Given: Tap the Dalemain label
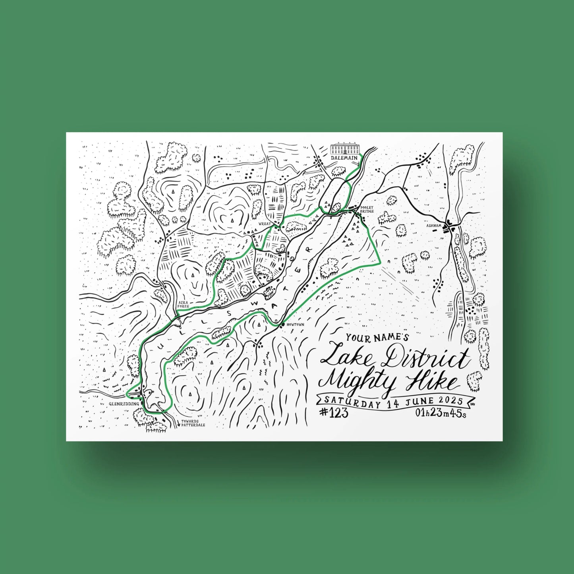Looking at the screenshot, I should tap(344, 158).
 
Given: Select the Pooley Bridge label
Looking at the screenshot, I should tap(367, 209).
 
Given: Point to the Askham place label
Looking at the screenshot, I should tap(434, 226).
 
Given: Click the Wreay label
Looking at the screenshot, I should tap(265, 224).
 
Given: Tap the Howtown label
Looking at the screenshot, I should tap(295, 325).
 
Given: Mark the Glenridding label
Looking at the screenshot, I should tap(124, 404).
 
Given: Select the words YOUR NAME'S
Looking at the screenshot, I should tap(377, 338).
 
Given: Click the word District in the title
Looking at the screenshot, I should tap(424, 358).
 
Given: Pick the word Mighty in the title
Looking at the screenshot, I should tap(358, 382).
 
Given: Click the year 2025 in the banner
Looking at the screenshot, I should tap(451, 400).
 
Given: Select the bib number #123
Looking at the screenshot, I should tap(334, 413).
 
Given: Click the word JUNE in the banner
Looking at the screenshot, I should tap(420, 402).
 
